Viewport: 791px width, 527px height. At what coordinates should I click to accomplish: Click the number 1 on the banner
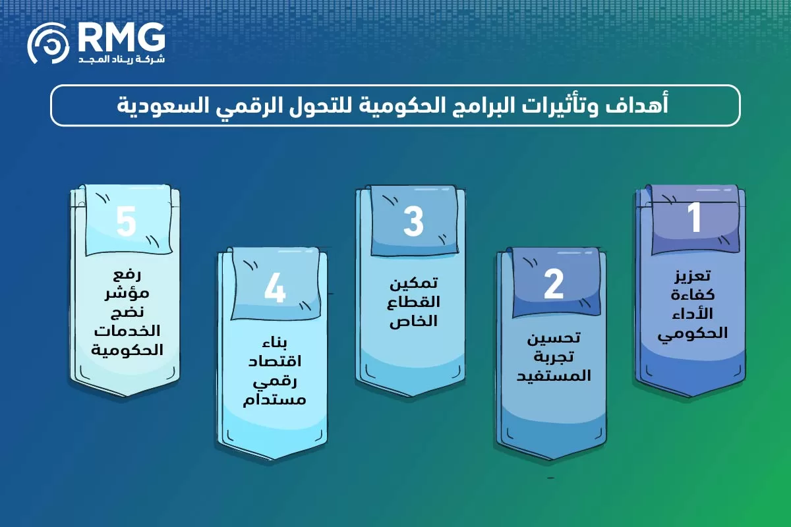point(695,219)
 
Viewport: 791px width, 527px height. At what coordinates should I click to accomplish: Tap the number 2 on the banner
point(554,284)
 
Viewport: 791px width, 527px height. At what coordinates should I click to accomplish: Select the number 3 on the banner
point(413,222)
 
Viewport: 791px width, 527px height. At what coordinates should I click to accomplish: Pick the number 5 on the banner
point(125,221)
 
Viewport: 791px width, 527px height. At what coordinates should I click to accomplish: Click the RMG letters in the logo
point(121,39)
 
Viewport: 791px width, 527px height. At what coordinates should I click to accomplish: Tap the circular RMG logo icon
point(48,43)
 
